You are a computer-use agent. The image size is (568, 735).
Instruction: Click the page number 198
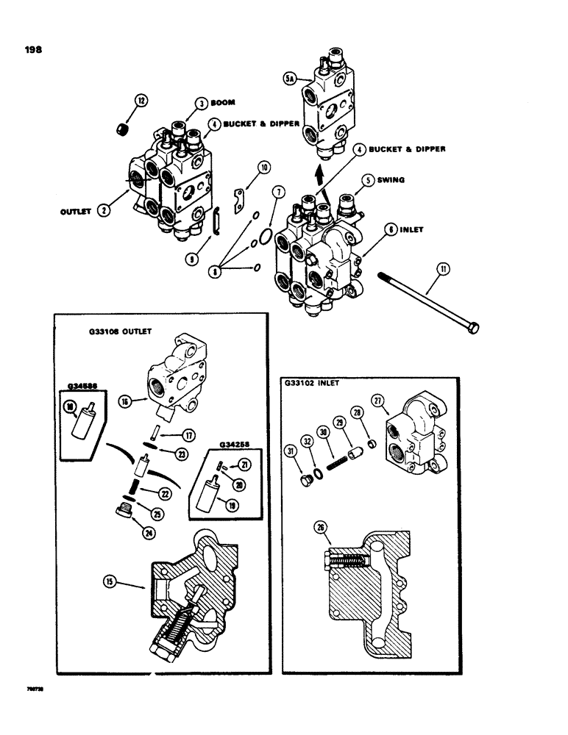[32, 50]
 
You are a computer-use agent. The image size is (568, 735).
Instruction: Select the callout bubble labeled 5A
[290, 76]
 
